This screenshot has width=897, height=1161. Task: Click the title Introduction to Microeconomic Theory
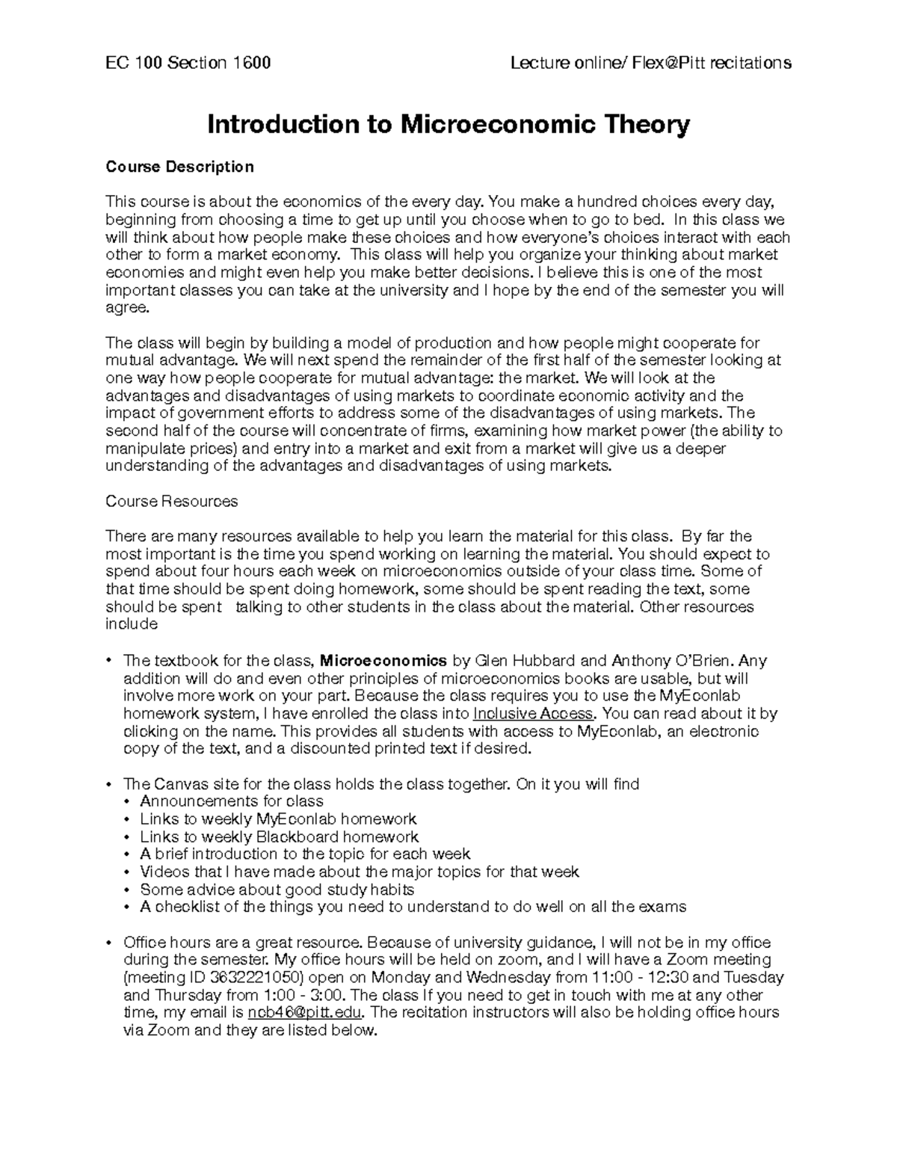(448, 124)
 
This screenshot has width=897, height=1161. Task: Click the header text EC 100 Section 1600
(188, 63)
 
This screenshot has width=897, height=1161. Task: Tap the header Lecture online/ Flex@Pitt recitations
(650, 63)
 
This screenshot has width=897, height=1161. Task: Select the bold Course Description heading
(179, 166)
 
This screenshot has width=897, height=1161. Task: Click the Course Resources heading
(171, 501)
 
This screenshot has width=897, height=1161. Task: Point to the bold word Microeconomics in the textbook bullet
(383, 661)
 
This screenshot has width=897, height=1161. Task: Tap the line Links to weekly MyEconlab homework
(278, 819)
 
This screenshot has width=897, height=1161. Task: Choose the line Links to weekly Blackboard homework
(279, 837)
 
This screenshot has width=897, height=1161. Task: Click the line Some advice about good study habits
(277, 890)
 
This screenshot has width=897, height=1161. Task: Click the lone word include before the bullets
(132, 624)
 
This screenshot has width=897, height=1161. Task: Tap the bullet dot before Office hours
(109, 942)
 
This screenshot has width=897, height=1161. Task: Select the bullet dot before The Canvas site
(109, 784)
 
